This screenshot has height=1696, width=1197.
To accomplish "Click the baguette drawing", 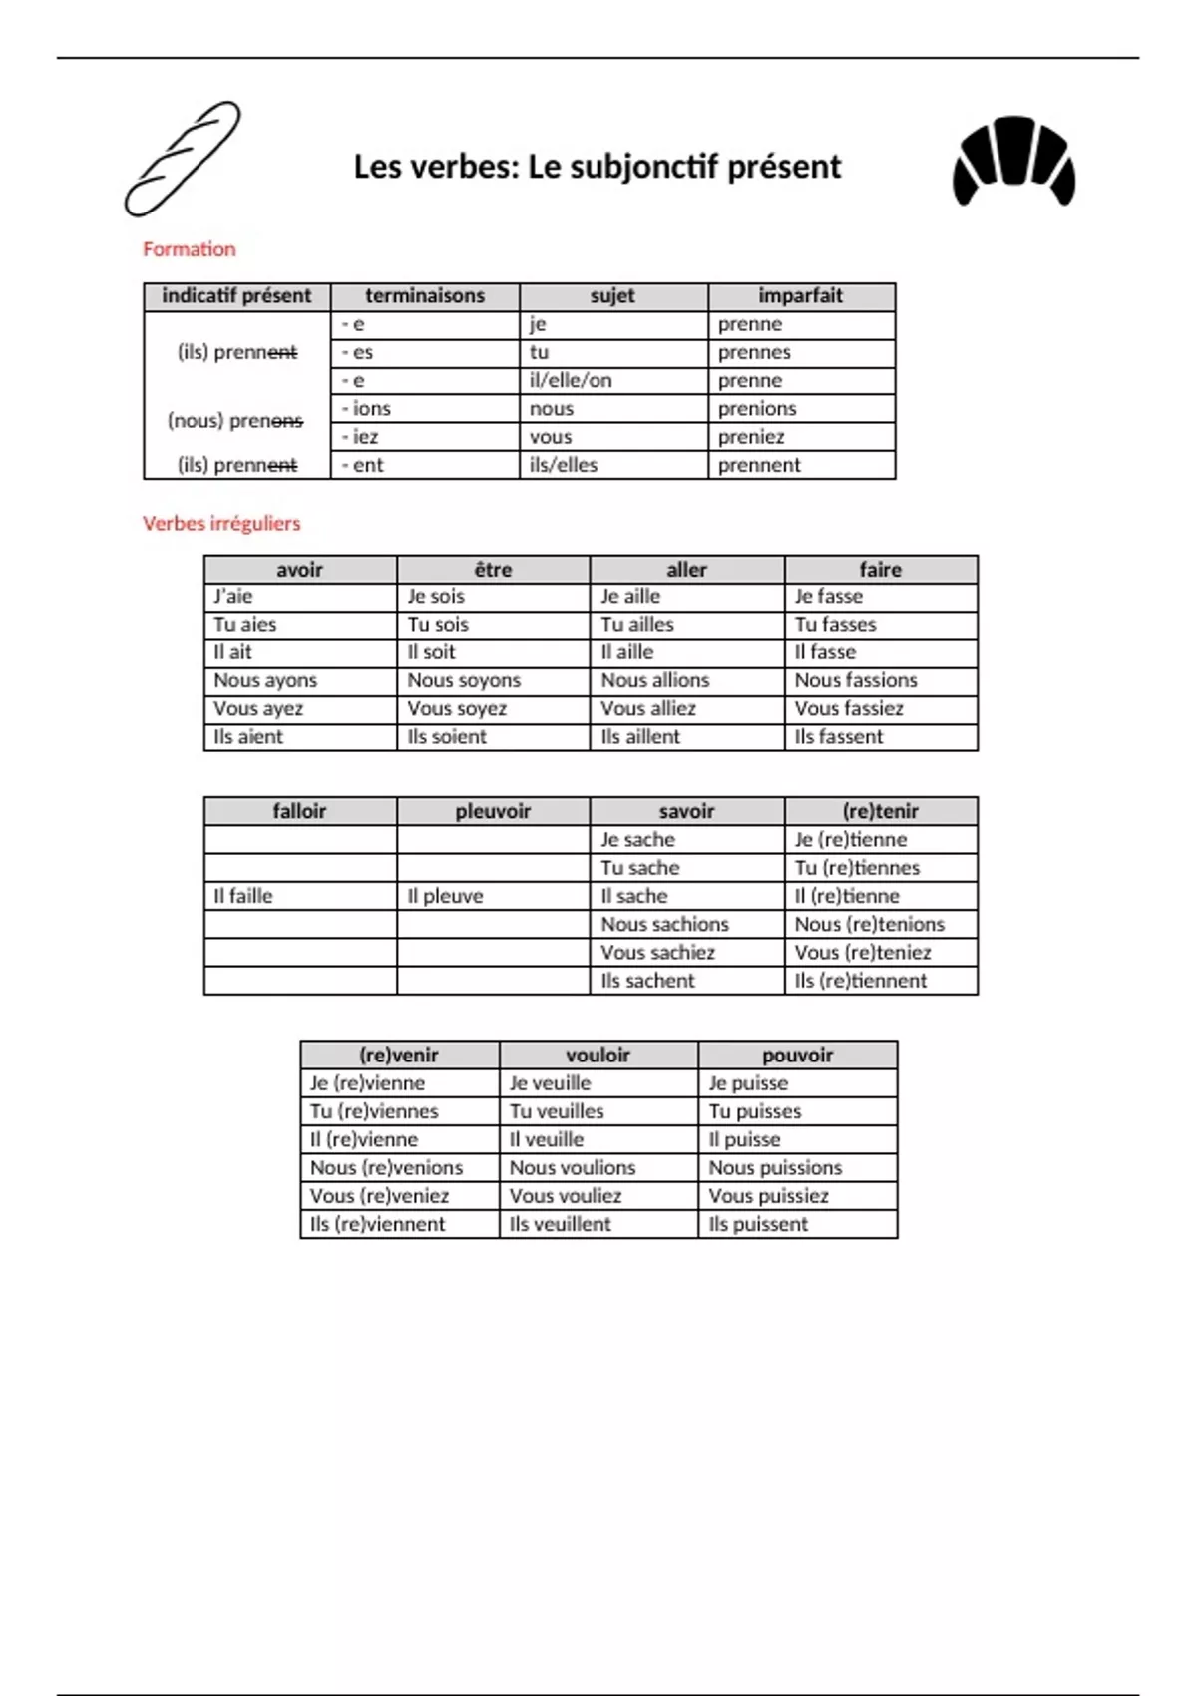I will click(x=183, y=159).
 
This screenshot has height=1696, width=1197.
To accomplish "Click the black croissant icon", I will click(x=1013, y=161).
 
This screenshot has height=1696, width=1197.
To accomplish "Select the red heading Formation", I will click(x=189, y=249).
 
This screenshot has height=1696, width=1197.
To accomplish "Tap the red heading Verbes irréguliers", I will click(x=220, y=523).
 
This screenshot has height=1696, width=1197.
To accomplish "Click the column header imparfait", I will click(x=800, y=296).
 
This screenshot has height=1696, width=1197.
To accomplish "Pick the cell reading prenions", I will click(x=757, y=409).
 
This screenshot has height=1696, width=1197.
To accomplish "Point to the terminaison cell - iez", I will click(x=360, y=437).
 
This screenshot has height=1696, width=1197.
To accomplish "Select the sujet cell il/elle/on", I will click(x=571, y=381).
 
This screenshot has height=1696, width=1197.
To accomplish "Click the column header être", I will click(x=493, y=570).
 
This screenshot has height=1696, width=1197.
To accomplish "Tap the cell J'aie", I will click(x=233, y=597).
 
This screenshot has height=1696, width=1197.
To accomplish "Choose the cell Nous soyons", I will click(x=464, y=680).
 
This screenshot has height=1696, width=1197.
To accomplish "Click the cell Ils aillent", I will click(x=640, y=737).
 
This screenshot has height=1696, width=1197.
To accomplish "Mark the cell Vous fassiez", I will click(x=849, y=709).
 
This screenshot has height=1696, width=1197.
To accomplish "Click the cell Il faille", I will click(x=243, y=896).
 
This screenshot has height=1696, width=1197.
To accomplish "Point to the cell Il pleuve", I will click(x=445, y=896).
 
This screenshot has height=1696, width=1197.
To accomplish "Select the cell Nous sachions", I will click(x=664, y=925).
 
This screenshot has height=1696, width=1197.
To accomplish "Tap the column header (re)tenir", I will click(x=880, y=811).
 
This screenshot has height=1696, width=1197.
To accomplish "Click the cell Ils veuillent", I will click(x=560, y=1224).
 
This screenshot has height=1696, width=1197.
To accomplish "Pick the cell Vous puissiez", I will click(x=768, y=1196).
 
